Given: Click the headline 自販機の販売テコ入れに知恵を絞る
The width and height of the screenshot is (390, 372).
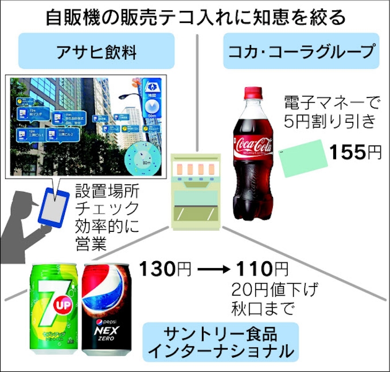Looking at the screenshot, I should [195, 15].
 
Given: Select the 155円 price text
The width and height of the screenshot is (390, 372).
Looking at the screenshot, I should [356, 152].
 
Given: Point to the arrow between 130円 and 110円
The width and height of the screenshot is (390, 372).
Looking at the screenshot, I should [213, 269].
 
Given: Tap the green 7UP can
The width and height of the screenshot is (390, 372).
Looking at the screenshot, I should [53, 307].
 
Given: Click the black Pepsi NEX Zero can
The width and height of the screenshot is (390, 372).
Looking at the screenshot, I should [108, 307].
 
